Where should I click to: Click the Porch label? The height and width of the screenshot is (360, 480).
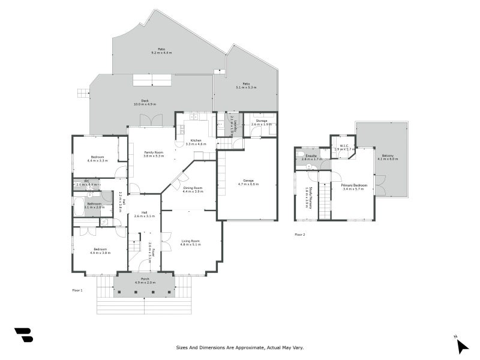[145, 280]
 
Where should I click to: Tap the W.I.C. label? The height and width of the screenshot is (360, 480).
[344, 146]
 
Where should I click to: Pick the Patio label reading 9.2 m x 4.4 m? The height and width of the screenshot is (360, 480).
[161, 51]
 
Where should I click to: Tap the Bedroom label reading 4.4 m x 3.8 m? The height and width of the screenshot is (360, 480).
[100, 251]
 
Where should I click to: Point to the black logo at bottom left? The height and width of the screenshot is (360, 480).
[23, 335]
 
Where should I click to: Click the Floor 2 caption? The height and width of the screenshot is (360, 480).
[299, 235]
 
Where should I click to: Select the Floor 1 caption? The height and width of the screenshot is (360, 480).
[77, 290]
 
